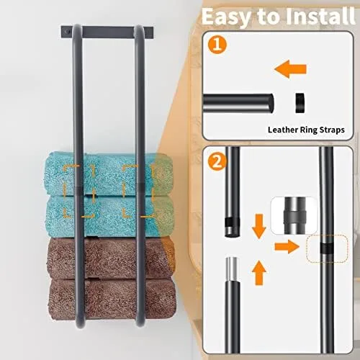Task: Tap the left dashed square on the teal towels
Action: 78,190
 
